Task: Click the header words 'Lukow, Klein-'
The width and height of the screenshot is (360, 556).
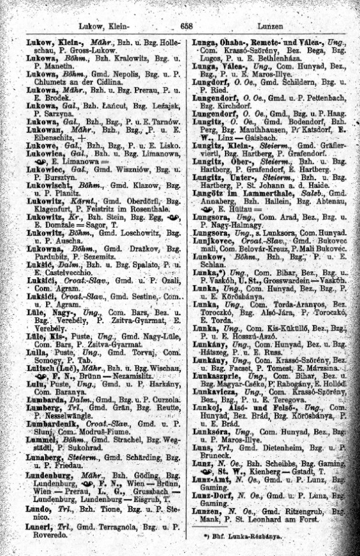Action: click(x=104, y=26)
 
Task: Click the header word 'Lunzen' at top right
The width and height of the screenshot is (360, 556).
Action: click(x=272, y=26)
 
